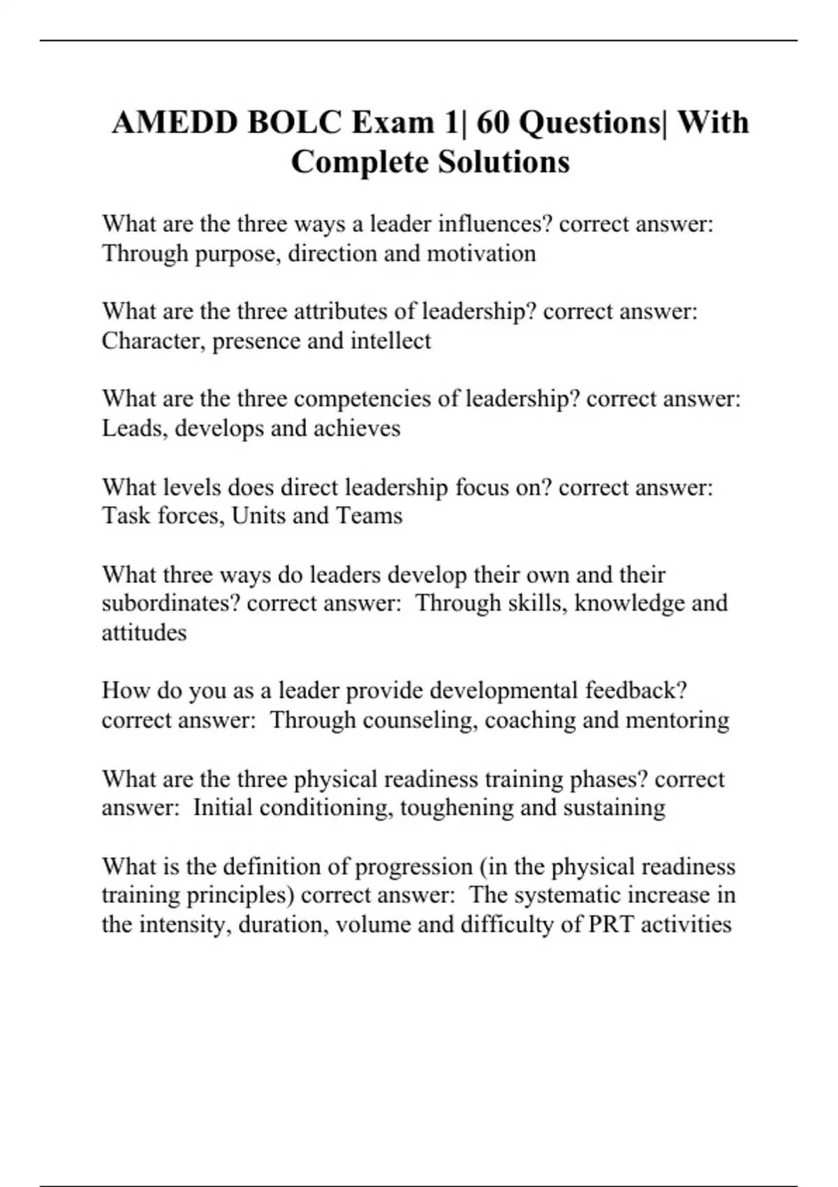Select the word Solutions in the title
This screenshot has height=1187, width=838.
(503, 162)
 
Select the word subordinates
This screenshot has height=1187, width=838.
(170, 603)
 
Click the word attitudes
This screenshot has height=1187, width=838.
(144, 633)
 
